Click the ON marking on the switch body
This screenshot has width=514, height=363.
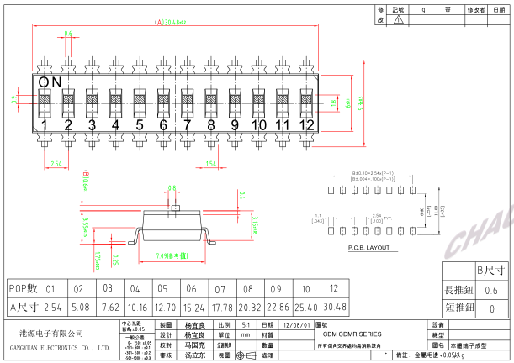pyautogui.click(x=50, y=82)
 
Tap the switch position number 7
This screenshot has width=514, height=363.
pyautogui.click(x=188, y=126)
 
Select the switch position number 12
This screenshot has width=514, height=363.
pyautogui.click(x=306, y=126)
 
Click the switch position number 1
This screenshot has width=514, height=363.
pyautogui.click(x=45, y=126)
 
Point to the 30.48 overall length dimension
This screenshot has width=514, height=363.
pyautogui.click(x=171, y=24)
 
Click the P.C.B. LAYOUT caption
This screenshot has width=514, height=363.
pyautogui.click(x=368, y=249)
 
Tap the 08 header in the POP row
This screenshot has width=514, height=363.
pyautogui.click(x=248, y=288)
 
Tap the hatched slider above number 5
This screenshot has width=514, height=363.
pyautogui.click(x=140, y=99)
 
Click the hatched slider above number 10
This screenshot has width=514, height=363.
pyautogui.click(x=258, y=99)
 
